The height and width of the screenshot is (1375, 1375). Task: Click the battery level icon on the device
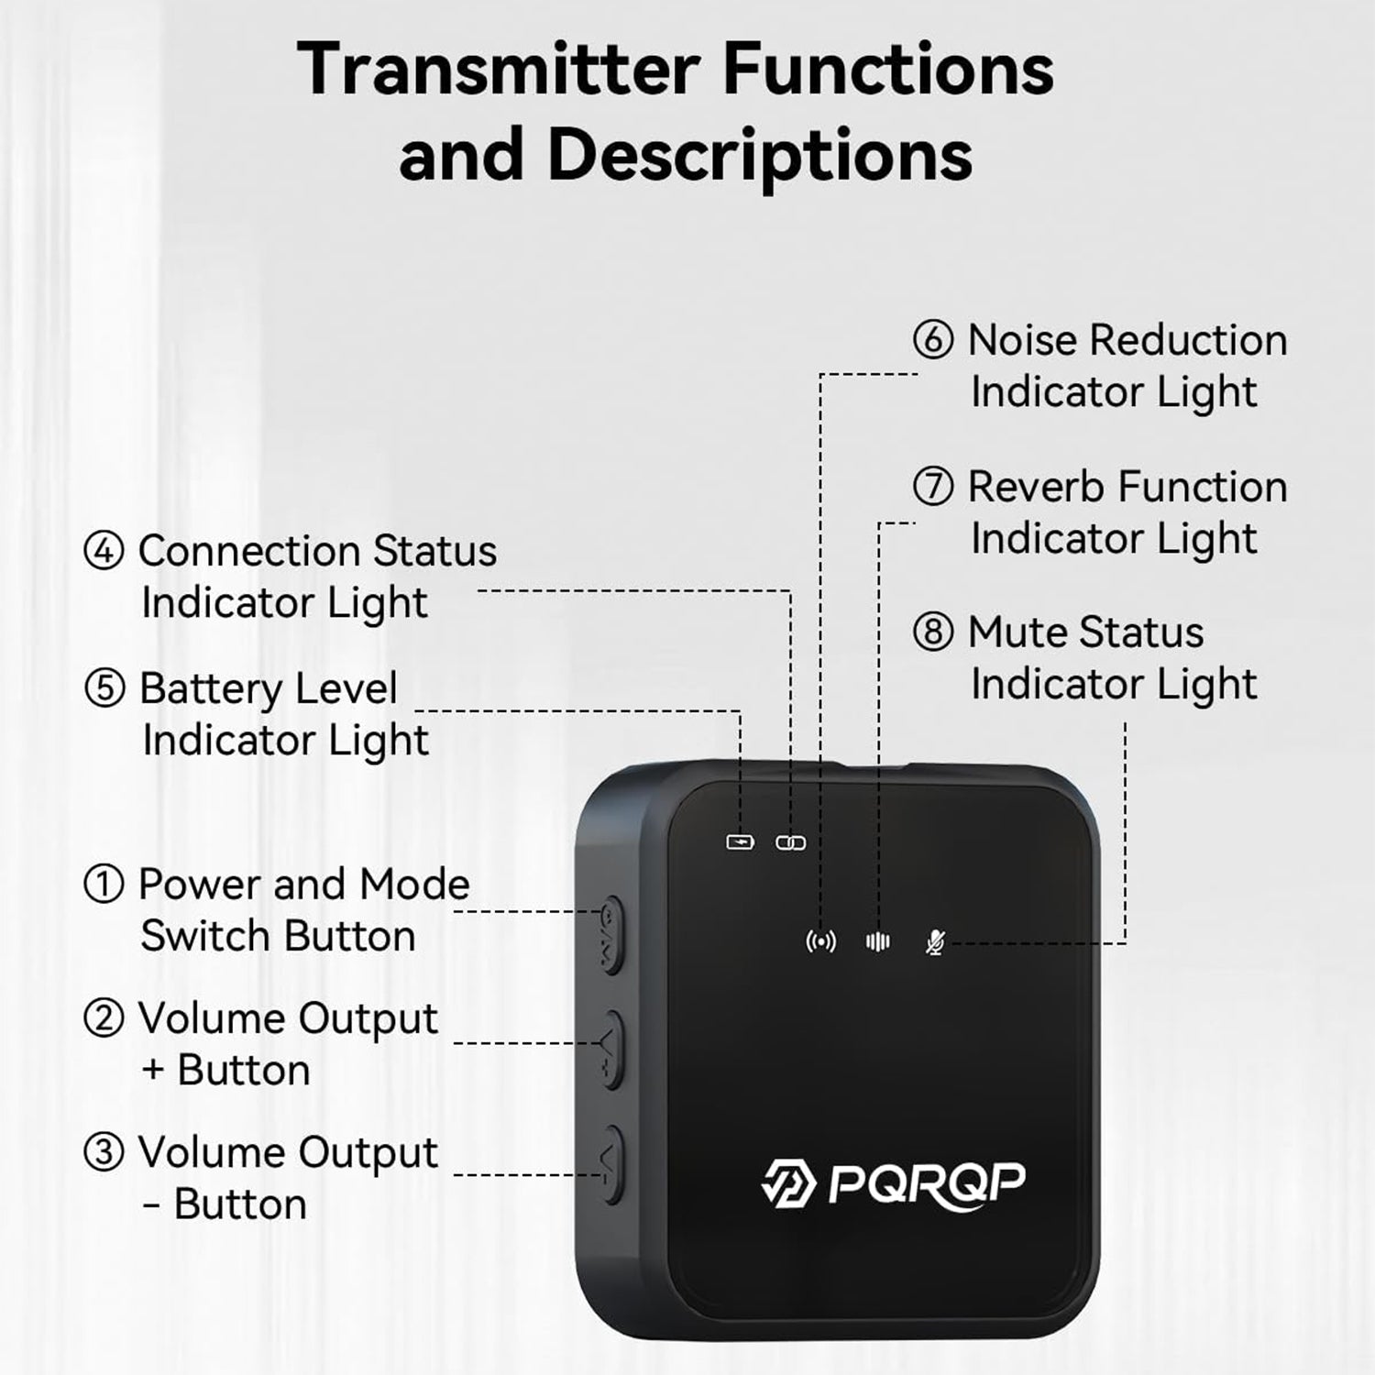740,841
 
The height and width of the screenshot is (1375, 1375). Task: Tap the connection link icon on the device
790,842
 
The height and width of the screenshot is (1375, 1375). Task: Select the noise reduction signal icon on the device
820,941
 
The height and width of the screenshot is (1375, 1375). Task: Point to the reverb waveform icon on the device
878,941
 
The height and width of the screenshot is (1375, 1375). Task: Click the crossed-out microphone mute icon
935,941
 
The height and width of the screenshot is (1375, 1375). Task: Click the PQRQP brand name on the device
926,1182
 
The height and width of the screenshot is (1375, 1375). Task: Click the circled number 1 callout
104,885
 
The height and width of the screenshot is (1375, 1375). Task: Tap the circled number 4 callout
104,552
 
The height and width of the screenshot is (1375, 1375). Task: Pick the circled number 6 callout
933,340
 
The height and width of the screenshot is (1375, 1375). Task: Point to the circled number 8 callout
933,632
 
